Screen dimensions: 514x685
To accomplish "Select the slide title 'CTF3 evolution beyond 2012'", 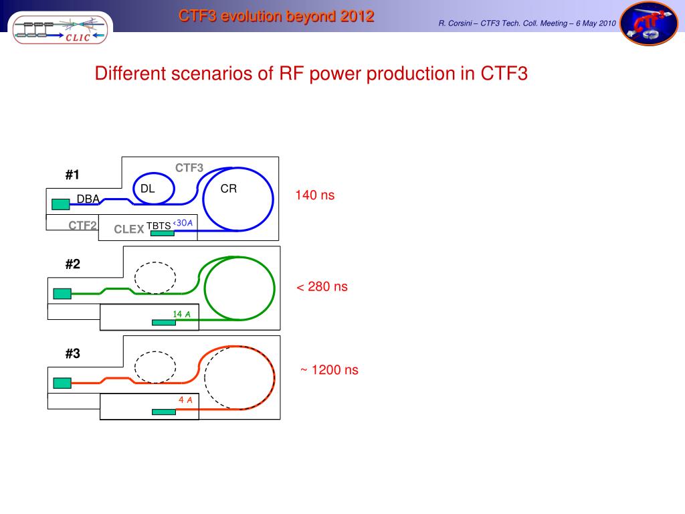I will click(x=276, y=17).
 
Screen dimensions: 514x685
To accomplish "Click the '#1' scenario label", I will click(x=72, y=175).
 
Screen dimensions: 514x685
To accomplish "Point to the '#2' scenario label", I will click(x=72, y=264).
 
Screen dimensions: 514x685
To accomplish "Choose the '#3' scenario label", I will click(x=72, y=354).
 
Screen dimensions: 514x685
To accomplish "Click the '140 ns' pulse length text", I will click(x=314, y=196).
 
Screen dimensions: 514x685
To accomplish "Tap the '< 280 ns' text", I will click(x=322, y=287).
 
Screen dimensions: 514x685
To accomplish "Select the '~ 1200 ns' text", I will click(x=328, y=370).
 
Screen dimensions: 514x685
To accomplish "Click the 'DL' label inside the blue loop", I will click(x=148, y=189).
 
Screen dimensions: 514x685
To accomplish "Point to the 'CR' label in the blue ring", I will click(x=229, y=189).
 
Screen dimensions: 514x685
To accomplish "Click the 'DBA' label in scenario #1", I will click(x=88, y=199).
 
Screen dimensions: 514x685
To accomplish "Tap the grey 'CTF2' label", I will click(x=83, y=226).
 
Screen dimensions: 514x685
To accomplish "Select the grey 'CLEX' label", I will click(x=129, y=230).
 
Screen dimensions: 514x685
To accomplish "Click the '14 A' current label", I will click(x=182, y=315).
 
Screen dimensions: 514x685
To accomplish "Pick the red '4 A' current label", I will click(x=185, y=400).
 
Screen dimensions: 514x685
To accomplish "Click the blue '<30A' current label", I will click(x=183, y=223).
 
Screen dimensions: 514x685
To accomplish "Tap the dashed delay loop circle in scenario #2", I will click(x=155, y=276).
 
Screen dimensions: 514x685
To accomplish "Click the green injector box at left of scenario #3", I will click(x=62, y=383).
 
